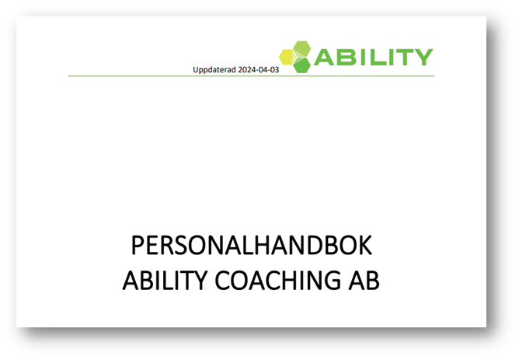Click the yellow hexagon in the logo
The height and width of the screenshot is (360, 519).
pos(287,57)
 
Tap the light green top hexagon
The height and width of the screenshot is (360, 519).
pos(302,49)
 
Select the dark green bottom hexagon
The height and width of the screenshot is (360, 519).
pos(302,65)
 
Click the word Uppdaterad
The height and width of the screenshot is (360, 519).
pos(214,70)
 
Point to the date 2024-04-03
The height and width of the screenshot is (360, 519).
pos(259,70)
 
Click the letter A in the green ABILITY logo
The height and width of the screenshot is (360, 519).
pos(325,57)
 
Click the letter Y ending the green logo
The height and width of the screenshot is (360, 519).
pos(423,57)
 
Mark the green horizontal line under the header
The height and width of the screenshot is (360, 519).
pos(251,76)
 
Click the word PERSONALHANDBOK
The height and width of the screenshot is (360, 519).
pos(252,245)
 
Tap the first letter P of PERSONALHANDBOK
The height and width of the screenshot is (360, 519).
pos(138,245)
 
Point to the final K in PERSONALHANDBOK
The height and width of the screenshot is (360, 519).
pos(365,245)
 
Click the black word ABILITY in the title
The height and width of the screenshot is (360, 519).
pos(165,280)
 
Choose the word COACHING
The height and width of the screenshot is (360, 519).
pos(277,280)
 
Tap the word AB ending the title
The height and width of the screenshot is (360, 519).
pos(364,280)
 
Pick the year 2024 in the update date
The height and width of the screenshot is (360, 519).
pos(246,70)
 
